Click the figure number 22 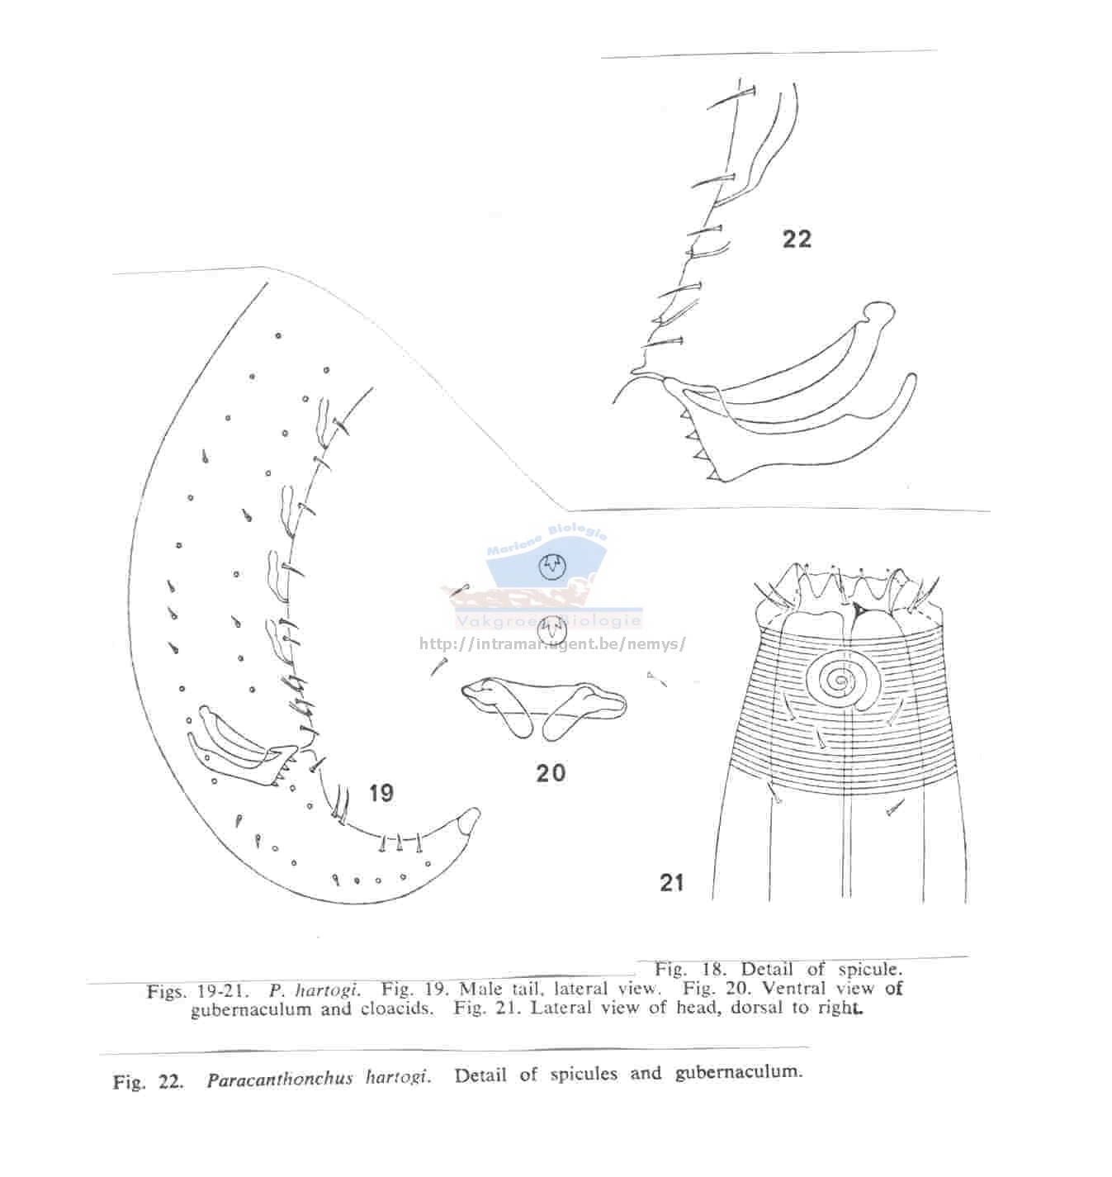point(797,240)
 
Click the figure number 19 point(381,793)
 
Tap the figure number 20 point(551,773)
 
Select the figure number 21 point(671,882)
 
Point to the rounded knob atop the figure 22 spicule point(880,311)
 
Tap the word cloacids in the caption point(397,1009)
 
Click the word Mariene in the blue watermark point(514,545)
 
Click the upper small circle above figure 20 point(551,567)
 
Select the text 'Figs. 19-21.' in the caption point(198,991)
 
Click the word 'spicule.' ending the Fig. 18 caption point(869,969)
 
